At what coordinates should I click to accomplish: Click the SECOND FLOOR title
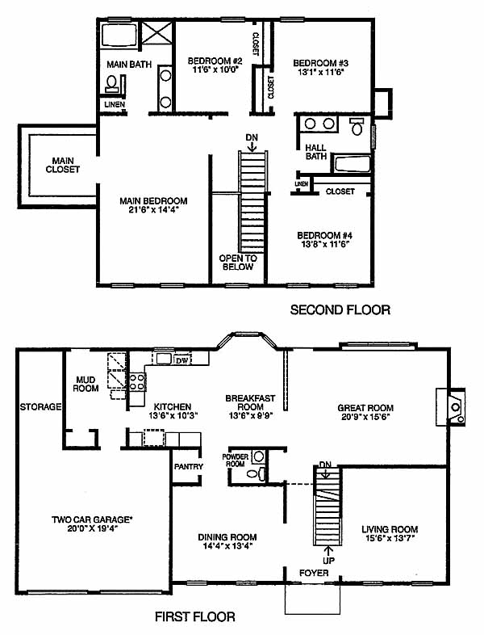[340, 310]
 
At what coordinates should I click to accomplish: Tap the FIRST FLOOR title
[195, 616]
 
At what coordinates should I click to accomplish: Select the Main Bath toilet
[112, 83]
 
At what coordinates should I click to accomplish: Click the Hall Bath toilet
[357, 126]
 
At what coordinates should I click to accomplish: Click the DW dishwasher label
[182, 360]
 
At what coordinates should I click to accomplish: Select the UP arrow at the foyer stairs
[328, 551]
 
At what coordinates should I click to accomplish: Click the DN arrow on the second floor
[252, 146]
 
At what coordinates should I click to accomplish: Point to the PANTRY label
[189, 466]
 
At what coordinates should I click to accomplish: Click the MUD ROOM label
[86, 385]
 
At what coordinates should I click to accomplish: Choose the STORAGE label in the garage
[40, 406]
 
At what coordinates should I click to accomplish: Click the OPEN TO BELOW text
[238, 263]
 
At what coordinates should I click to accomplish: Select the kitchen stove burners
[137, 382]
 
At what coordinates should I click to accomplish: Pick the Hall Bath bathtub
[352, 165]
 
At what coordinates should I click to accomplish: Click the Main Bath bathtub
[119, 36]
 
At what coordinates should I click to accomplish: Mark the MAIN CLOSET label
[63, 166]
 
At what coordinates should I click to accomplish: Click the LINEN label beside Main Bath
[115, 104]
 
